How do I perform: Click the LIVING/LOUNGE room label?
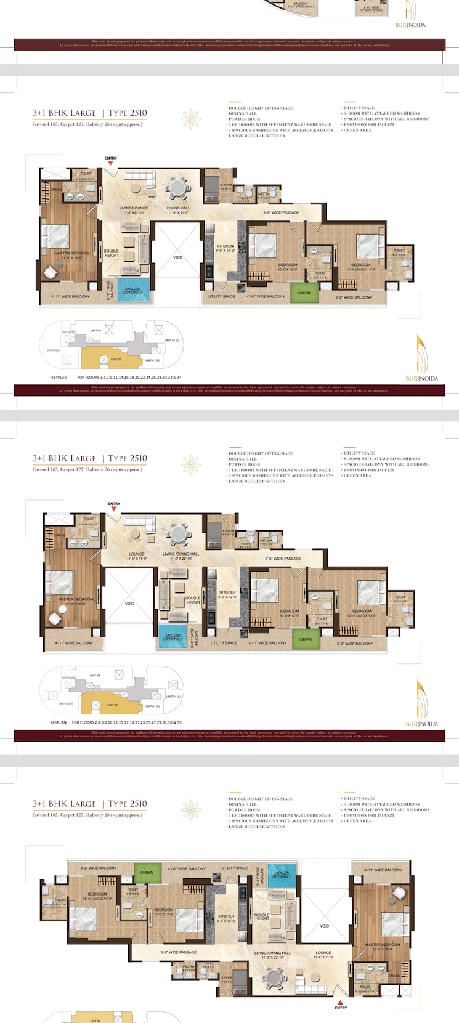134,208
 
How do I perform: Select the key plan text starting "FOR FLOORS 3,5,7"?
129,377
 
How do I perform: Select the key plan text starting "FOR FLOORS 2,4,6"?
127,722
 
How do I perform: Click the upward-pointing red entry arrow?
340,1002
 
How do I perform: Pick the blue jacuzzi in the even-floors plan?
173,636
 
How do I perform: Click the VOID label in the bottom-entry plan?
325,926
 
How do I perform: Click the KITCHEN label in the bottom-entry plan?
226,918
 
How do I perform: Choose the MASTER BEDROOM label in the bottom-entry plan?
382,946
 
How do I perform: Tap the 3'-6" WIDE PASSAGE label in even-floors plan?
283,559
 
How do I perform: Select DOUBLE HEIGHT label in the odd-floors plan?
112,253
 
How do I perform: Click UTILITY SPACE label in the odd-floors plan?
222,296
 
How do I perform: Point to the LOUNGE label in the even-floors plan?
136,556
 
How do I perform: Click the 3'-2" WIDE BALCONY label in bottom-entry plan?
98,868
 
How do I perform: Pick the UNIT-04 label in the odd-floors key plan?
97,331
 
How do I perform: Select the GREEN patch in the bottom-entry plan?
147,872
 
